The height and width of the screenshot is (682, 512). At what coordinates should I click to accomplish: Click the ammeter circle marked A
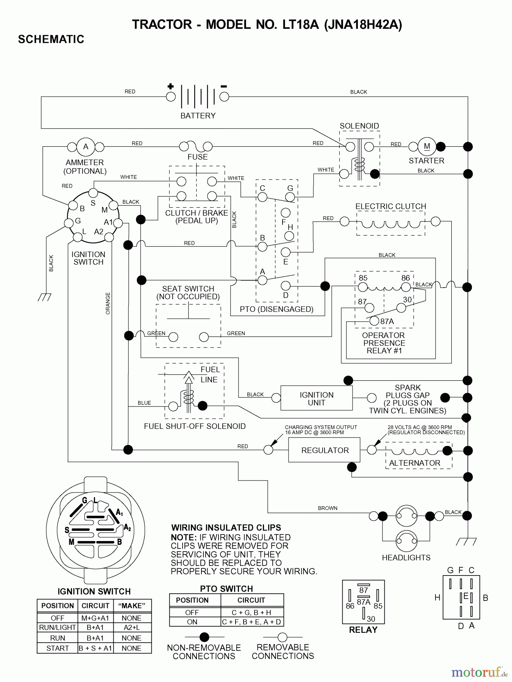click(86, 147)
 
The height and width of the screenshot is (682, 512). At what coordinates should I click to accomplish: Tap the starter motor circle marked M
click(427, 147)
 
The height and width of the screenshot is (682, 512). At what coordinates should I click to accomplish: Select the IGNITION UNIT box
click(316, 399)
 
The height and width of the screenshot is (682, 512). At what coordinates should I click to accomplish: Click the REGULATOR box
click(325, 450)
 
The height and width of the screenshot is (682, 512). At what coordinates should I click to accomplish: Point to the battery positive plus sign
click(170, 86)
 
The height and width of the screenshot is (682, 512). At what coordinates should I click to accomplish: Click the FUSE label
click(197, 157)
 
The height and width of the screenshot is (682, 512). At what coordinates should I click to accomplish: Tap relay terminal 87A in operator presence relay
click(375, 321)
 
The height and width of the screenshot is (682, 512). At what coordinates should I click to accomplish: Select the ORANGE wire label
click(108, 303)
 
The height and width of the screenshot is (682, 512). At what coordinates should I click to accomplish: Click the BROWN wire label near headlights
click(328, 508)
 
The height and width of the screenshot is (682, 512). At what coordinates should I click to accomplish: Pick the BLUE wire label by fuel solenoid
click(144, 403)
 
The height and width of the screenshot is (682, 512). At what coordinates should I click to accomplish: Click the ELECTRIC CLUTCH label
click(390, 206)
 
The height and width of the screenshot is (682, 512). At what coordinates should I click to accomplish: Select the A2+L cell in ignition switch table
click(131, 627)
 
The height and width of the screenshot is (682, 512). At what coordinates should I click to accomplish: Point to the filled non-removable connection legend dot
click(204, 637)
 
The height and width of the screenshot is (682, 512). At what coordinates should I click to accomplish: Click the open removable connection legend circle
click(283, 637)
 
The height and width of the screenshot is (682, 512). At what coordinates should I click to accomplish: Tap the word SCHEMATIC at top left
click(51, 39)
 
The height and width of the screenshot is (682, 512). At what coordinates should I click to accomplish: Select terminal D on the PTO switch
click(286, 286)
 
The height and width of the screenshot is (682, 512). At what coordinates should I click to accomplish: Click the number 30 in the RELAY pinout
click(371, 619)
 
